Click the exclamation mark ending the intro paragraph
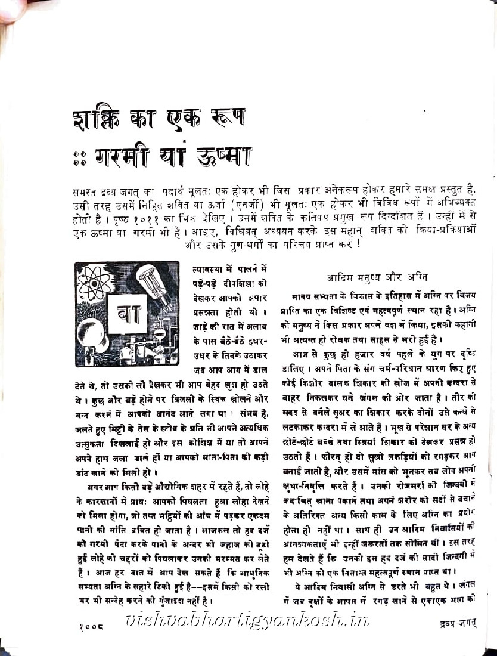(359, 244)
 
